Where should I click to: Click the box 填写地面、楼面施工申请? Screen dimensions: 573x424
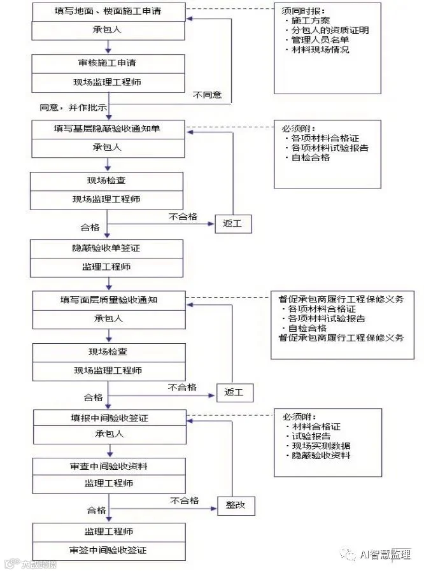pos(108,11)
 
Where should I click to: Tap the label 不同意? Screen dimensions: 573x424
pos(207,94)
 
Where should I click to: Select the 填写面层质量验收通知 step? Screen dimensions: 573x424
pos(109,299)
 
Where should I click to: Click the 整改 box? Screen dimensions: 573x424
pos(236,506)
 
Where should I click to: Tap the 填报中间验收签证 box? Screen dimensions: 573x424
pos(109,418)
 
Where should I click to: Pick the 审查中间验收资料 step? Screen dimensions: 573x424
pos(109,466)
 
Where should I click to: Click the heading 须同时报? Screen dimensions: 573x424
pos(297,11)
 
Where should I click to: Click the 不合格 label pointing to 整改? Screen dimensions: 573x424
pos(185,500)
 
